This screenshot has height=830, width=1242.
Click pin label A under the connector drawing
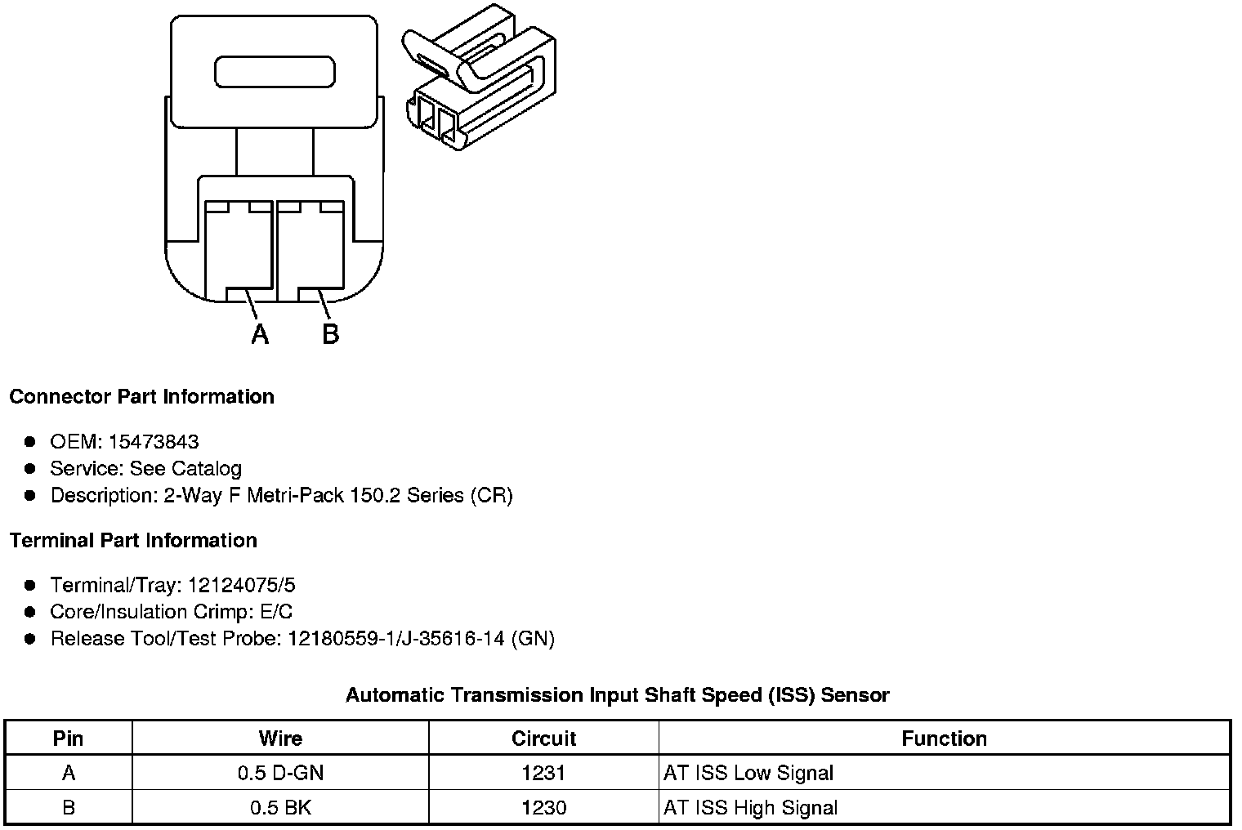tap(260, 334)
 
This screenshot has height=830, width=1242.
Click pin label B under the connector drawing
tap(330, 334)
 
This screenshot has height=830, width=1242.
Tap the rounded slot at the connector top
tap(275, 72)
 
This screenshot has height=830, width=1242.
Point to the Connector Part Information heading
tap(141, 397)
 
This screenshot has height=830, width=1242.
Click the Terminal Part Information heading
tap(133, 541)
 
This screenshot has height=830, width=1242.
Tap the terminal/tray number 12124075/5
tap(241, 586)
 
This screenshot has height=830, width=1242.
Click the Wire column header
tap(280, 739)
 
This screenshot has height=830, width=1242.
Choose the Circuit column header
tap(543, 739)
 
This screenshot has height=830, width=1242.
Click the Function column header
tap(944, 739)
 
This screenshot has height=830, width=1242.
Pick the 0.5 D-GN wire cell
tap(280, 773)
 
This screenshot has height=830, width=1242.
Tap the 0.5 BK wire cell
tap(280, 808)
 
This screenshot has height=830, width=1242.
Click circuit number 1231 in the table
tap(543, 773)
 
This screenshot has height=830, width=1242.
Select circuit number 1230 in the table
tap(543, 808)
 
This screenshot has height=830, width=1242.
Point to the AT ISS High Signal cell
tap(750, 808)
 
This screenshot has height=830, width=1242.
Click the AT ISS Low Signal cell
tap(748, 773)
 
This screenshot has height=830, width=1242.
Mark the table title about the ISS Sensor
tap(617, 695)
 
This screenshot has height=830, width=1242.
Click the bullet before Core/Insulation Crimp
tap(30, 612)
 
